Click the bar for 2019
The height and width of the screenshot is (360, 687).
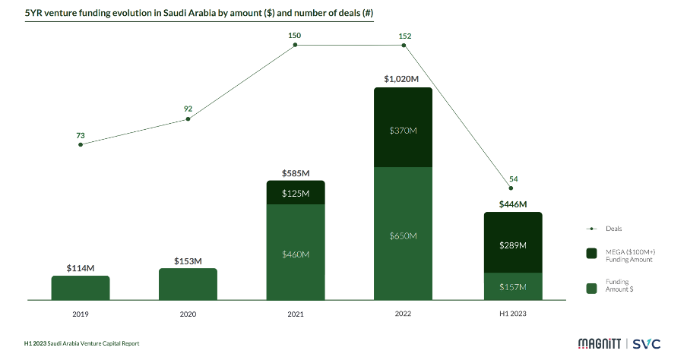(81, 287)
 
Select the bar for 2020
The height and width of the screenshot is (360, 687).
(188, 283)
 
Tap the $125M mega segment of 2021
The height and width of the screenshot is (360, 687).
(296, 193)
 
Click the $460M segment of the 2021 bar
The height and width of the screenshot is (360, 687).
(296, 252)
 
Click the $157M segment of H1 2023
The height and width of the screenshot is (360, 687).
(513, 286)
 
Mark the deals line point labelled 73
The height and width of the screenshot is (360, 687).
(81, 144)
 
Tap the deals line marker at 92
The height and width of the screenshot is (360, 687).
(188, 118)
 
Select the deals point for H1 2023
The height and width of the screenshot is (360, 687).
(512, 188)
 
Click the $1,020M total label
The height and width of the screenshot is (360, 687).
(402, 79)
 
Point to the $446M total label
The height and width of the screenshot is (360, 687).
(512, 204)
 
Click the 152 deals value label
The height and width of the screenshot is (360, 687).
(404, 35)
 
